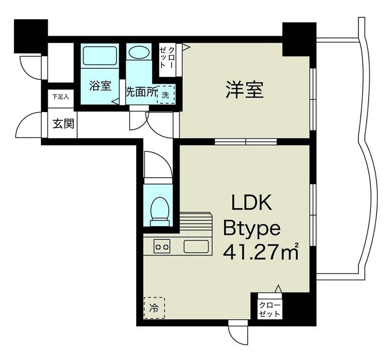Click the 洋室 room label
pyautogui.click(x=244, y=90)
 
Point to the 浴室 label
pyautogui.click(x=100, y=87)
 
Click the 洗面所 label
pyautogui.click(x=141, y=93)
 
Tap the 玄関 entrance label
pyautogui.click(x=63, y=124)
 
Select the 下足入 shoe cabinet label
pyautogui.click(x=61, y=97)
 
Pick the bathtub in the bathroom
pyautogui.click(x=100, y=56)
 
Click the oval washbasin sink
pyautogui.click(x=140, y=52)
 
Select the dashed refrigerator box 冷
pyautogui.click(x=154, y=307)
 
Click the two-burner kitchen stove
pyautogui.click(x=162, y=246)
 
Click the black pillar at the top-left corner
pyautogui.click(x=31, y=35)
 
